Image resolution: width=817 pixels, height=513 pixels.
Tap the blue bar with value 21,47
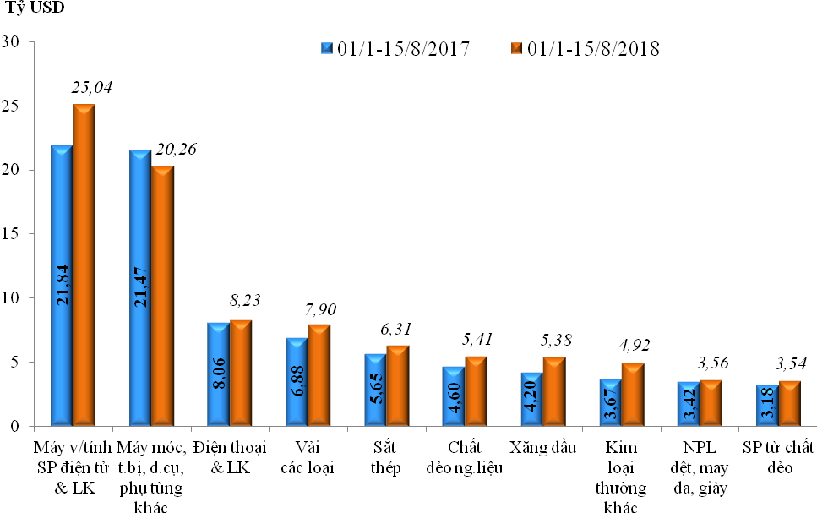point(139,287)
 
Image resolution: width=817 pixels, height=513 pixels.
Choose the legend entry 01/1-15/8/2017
point(395,48)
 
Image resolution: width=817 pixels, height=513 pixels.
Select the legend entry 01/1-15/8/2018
point(585,48)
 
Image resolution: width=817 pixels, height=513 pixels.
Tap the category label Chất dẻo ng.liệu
point(466,456)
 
